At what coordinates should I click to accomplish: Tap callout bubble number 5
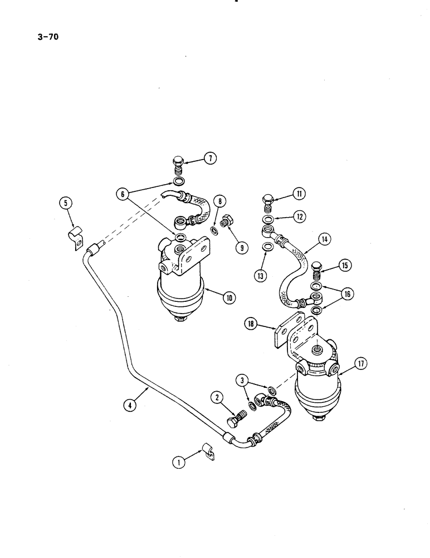[x=67, y=204]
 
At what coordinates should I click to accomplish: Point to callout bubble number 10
[x=229, y=297]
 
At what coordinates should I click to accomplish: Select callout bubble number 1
[x=178, y=461]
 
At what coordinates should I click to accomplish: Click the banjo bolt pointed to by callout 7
[x=178, y=166]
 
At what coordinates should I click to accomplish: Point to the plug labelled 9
[x=227, y=222]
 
